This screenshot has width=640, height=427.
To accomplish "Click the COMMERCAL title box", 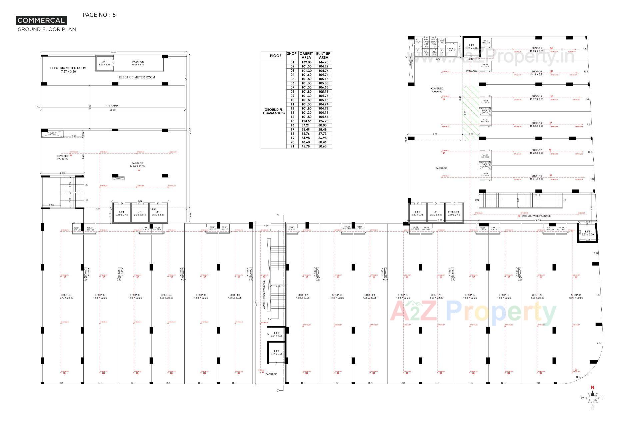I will click(41, 20).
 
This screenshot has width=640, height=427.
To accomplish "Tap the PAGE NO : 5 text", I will click(99, 15).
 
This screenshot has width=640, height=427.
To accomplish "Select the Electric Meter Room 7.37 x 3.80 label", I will click(68, 70).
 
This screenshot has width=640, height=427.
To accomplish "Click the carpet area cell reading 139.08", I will click(306, 62).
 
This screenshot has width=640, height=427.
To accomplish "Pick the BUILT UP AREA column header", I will click(323, 56).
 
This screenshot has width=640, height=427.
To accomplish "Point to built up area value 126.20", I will click(323, 121).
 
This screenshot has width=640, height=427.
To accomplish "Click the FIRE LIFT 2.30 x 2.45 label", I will click(453, 213).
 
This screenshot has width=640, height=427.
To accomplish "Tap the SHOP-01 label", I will click(67, 296).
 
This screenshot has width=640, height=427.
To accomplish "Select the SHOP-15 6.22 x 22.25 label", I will click(576, 296).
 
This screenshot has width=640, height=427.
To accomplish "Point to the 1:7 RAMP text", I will click(112, 106).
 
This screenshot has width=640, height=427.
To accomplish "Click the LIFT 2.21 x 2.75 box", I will click(276, 353).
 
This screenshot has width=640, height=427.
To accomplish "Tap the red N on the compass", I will click(592, 388).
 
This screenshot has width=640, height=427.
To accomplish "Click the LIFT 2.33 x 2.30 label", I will click(587, 233).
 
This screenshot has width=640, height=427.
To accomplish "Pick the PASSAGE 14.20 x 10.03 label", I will click(137, 165).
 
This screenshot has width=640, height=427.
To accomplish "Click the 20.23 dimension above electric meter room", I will click(113, 52).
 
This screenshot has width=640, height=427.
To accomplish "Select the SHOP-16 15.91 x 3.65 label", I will click(537, 177).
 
